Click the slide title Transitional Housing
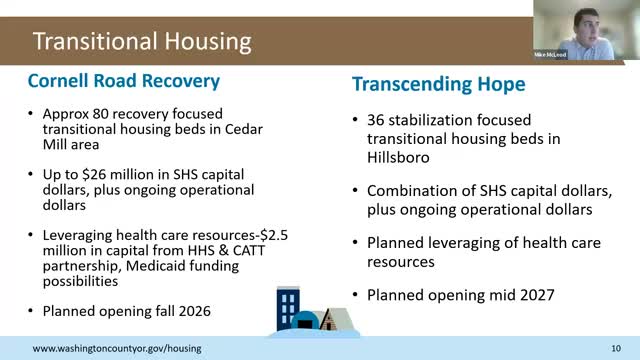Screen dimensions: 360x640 click(142, 42)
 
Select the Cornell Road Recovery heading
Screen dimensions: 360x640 click(124, 79)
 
